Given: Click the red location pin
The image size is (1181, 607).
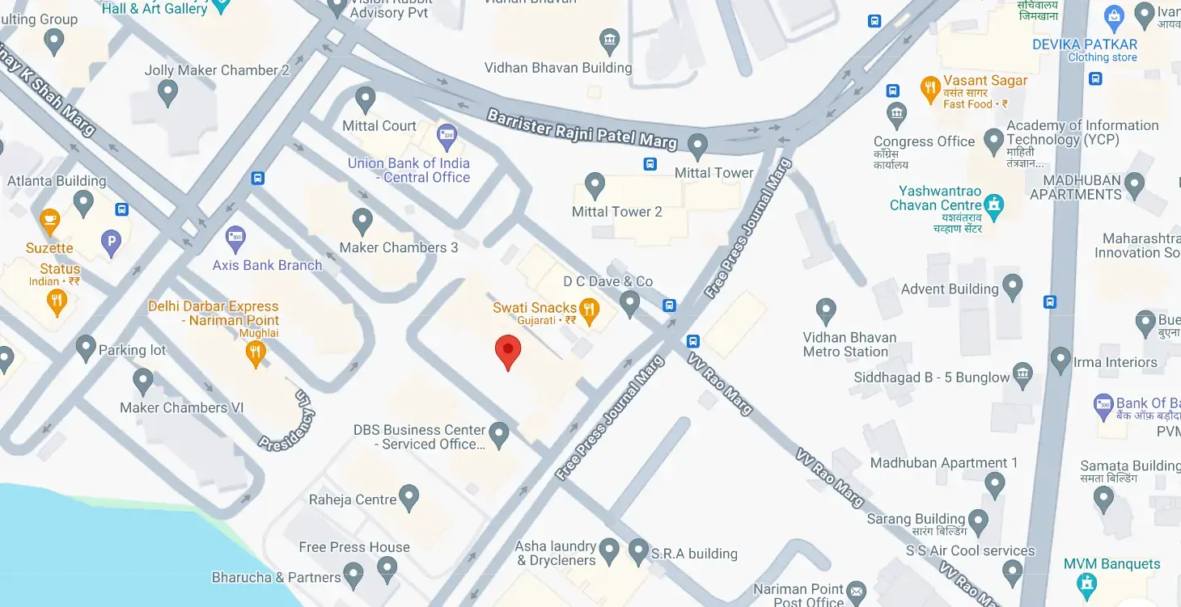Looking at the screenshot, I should [x=507, y=351].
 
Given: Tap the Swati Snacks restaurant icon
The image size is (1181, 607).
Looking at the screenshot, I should [x=590, y=309].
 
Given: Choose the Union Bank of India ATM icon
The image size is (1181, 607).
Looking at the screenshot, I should [x=446, y=134].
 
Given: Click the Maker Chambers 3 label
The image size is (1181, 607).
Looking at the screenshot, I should [x=399, y=247].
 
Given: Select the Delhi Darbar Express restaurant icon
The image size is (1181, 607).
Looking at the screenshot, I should [x=256, y=352].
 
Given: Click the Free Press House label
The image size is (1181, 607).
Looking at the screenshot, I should [x=354, y=547].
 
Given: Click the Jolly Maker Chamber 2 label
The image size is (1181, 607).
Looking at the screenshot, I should [x=217, y=70].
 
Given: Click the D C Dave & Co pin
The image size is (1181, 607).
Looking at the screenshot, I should [x=629, y=303].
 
